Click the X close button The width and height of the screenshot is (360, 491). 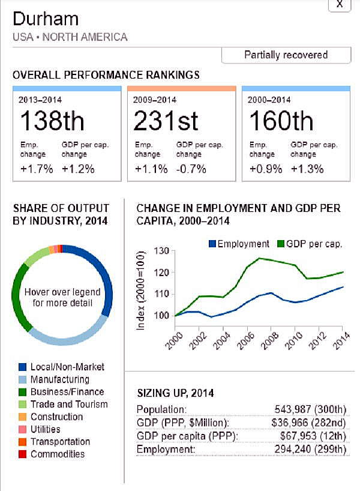pyautogui.click(x=339, y=4)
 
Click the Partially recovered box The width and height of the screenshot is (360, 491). pyautogui.click(x=286, y=55)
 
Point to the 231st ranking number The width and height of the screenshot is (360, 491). pyautogui.click(x=166, y=121)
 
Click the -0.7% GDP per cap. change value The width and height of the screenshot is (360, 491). pyautogui.click(x=191, y=169)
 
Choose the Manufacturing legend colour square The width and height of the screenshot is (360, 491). pyautogui.click(x=22, y=379)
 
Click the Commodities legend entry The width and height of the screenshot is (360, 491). pyautogui.click(x=58, y=454)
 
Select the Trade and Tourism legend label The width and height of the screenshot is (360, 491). pyautogui.click(x=69, y=404)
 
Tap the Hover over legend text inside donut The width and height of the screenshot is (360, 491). pyautogui.click(x=62, y=297)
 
